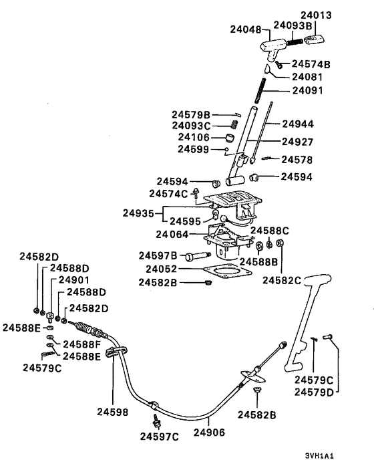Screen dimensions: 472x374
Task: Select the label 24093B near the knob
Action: [292, 26]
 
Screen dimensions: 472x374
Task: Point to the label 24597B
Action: [158, 255]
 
